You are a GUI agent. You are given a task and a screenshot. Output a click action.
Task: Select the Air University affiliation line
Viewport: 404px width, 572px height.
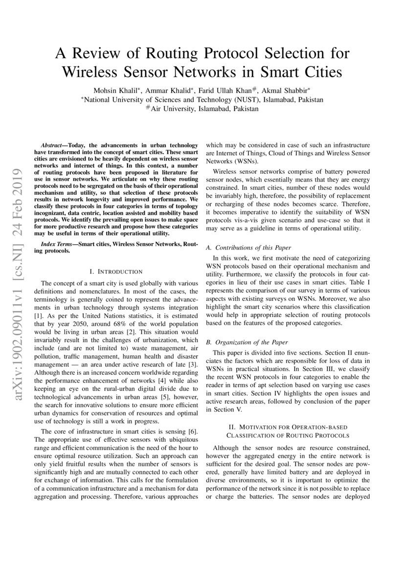click(x=202, y=109)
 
